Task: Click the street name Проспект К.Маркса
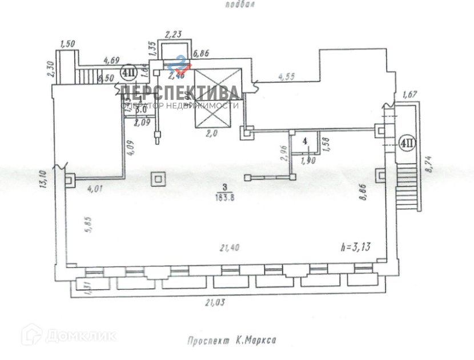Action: [232, 341]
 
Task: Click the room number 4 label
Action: [306, 140]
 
